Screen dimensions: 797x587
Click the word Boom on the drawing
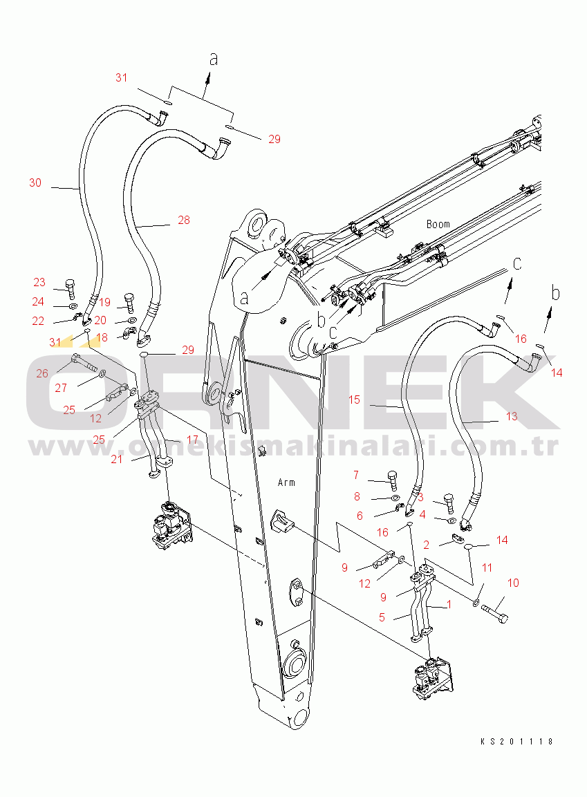point(438,224)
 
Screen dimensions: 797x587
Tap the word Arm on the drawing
point(286,482)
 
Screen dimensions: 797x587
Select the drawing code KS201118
point(517,741)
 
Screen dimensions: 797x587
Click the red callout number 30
point(35,182)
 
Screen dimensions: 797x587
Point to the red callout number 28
point(183,220)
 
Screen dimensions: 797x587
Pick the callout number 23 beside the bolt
point(39,282)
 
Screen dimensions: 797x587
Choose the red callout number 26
point(42,373)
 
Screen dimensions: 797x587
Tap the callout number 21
point(117,459)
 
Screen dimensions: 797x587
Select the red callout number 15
point(354,400)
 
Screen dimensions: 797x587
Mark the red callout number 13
point(511,416)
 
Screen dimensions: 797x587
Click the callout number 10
point(512,583)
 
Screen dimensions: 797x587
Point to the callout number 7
point(356,475)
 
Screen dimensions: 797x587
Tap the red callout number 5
point(382,617)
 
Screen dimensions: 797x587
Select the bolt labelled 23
point(68,288)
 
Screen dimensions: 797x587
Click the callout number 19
point(104,302)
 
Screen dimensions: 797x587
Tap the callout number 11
point(487,568)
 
